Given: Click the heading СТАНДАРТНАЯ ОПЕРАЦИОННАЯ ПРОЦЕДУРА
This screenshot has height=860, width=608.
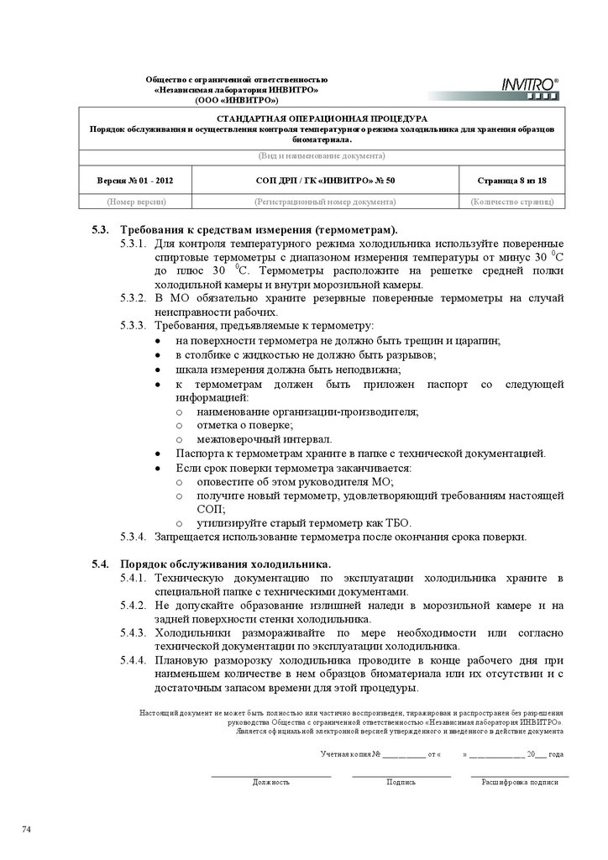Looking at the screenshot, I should pos(322,118).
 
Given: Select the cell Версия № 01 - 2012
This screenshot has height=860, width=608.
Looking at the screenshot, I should pos(135,180).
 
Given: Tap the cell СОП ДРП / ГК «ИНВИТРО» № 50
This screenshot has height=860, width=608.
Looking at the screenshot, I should pos(325,180).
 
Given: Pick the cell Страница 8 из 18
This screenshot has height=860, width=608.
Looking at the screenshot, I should pos(511,180).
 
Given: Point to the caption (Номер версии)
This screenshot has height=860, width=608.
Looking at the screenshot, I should pos(135,202).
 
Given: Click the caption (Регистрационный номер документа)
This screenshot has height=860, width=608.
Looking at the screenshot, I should pos(325,202).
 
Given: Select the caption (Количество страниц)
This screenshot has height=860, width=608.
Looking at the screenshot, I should pos(511,202).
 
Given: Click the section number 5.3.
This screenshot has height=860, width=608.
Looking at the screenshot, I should pos(101,229).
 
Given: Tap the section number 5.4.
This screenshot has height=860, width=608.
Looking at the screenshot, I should pos(101,563).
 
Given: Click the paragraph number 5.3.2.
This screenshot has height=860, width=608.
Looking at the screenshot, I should pos(134,298).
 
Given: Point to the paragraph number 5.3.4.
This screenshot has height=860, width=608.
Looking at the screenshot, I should pos(134,536).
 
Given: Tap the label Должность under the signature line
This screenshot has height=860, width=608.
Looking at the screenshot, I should pos(270,782).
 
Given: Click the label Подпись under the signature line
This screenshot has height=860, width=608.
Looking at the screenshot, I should pos(401,782).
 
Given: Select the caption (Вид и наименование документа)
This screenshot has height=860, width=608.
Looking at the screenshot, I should pos(322,156).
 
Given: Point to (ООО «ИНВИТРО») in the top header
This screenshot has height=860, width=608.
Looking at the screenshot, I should pos(237,99).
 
